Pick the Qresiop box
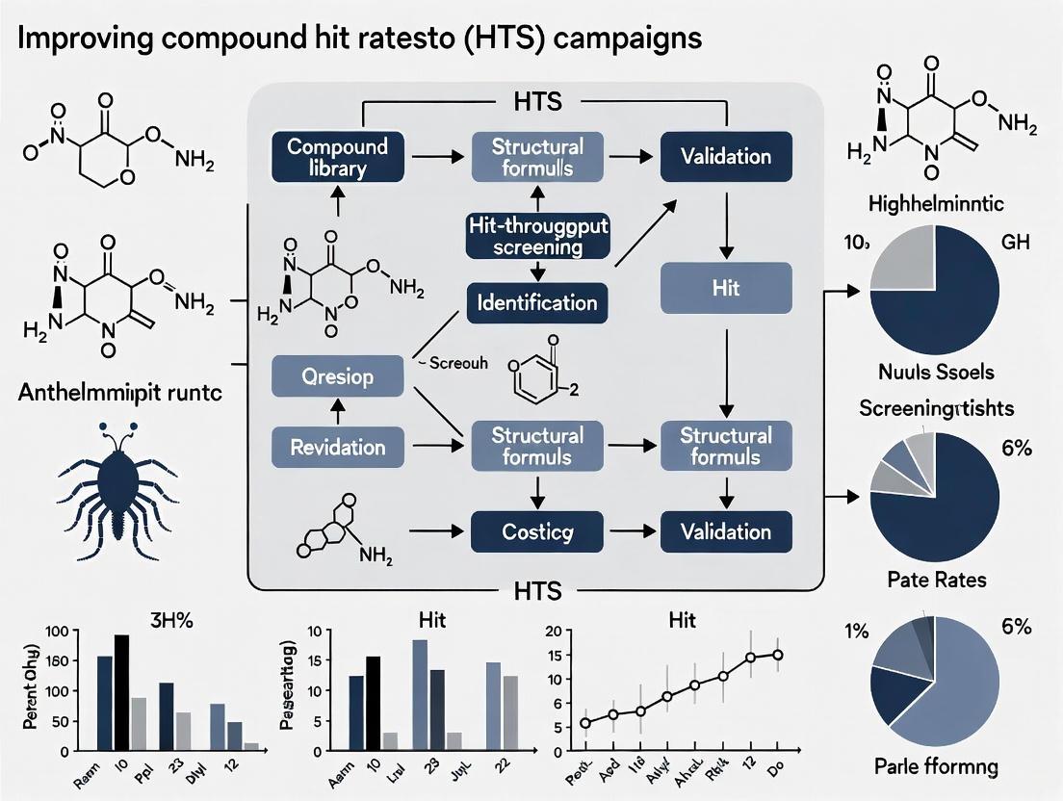(337, 375)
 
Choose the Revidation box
(337, 447)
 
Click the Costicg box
(535, 531)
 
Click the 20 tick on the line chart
(552, 632)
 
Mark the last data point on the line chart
(777, 655)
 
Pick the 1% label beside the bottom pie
(856, 632)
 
